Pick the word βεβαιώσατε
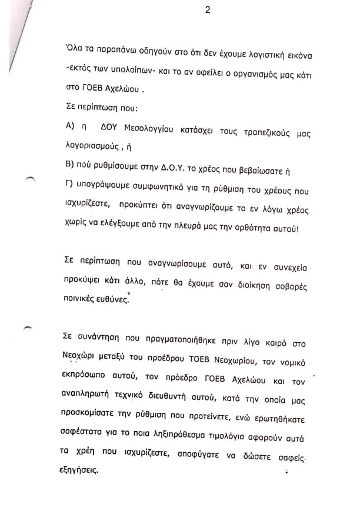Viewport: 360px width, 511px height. pos(265,171)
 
